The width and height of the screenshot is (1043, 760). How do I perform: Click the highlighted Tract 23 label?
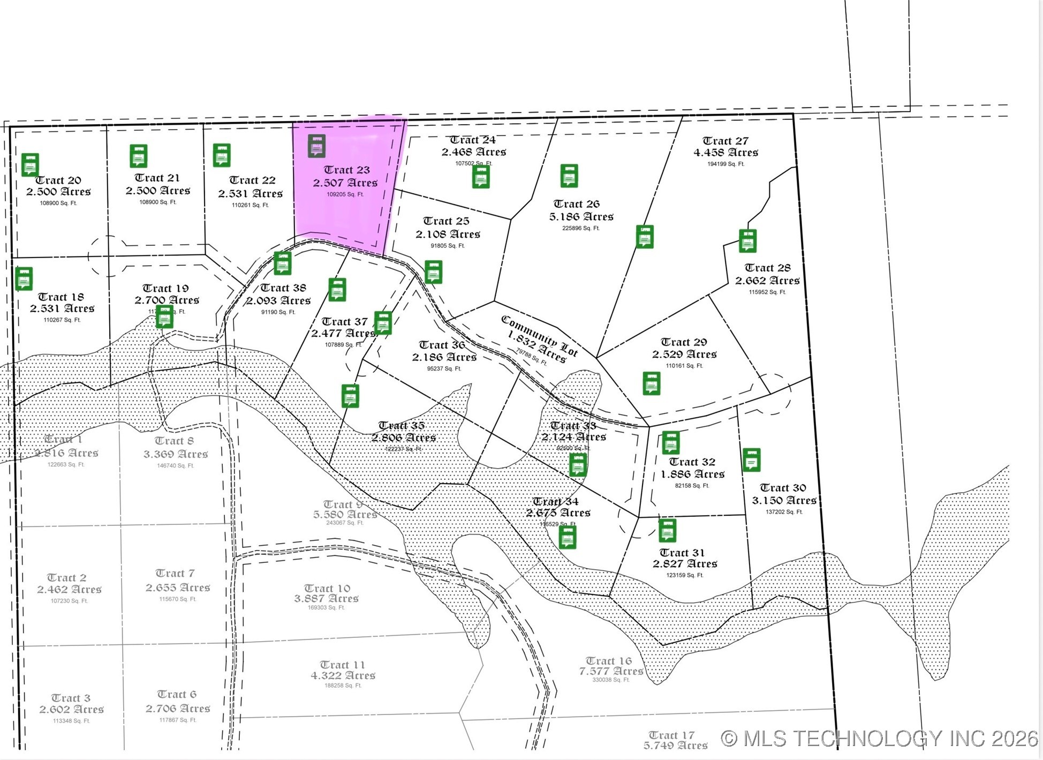(346, 170)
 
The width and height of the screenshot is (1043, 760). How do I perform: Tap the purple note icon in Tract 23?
(316, 146)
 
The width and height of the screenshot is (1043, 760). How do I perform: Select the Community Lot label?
(539, 336)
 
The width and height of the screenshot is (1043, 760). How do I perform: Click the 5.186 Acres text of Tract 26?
(581, 217)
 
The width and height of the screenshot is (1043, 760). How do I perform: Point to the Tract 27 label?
(725, 141)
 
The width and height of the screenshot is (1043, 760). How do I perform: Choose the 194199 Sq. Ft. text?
(725, 164)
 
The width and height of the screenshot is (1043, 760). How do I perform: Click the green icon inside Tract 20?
(30, 164)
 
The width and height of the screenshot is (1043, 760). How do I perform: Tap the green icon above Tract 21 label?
(139, 156)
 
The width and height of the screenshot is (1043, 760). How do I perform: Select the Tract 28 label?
(767, 268)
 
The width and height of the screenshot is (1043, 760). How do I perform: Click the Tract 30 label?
(782, 488)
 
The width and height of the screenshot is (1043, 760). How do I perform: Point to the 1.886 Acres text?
(692, 475)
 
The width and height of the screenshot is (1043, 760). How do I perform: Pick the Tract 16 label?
(608, 661)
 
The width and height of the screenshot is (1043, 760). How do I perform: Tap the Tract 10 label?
(327, 588)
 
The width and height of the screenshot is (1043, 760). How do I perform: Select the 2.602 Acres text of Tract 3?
(71, 710)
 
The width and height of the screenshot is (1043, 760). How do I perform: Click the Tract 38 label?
(283, 288)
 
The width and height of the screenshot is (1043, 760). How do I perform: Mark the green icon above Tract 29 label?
(645, 236)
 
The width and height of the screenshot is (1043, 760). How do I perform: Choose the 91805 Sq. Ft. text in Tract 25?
(448, 246)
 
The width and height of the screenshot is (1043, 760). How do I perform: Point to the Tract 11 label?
(342, 665)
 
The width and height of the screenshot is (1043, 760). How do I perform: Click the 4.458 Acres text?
(725, 153)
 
